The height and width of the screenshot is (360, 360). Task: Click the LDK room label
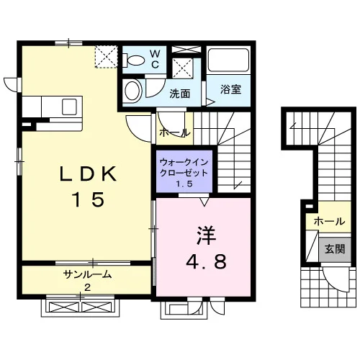click(x=88, y=174)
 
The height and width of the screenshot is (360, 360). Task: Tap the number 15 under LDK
click(x=89, y=199)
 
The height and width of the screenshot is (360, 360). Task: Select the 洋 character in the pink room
click(x=206, y=235)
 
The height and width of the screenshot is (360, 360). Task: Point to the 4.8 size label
click(x=206, y=261)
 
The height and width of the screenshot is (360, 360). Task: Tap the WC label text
click(x=155, y=59)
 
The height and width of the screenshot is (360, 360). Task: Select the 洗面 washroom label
click(x=179, y=94)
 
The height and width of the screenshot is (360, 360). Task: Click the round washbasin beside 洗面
click(x=132, y=91)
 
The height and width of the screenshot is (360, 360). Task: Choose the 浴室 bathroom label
click(x=230, y=89)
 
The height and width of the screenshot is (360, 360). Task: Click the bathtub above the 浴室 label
click(x=228, y=60)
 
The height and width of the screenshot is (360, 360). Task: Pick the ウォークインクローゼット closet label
click(x=184, y=168)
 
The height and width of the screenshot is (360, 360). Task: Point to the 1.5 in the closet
click(x=184, y=184)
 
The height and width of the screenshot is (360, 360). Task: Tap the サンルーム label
click(x=88, y=274)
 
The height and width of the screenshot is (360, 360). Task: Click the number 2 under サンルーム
click(x=88, y=287)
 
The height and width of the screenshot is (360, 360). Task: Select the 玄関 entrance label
click(x=335, y=249)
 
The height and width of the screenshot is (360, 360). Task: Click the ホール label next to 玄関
click(x=329, y=221)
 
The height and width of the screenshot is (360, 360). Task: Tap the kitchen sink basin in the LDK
click(x=69, y=107)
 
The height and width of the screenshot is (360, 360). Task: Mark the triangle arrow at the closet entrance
click(x=204, y=202)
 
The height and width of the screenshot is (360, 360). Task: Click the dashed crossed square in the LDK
click(x=107, y=57)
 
